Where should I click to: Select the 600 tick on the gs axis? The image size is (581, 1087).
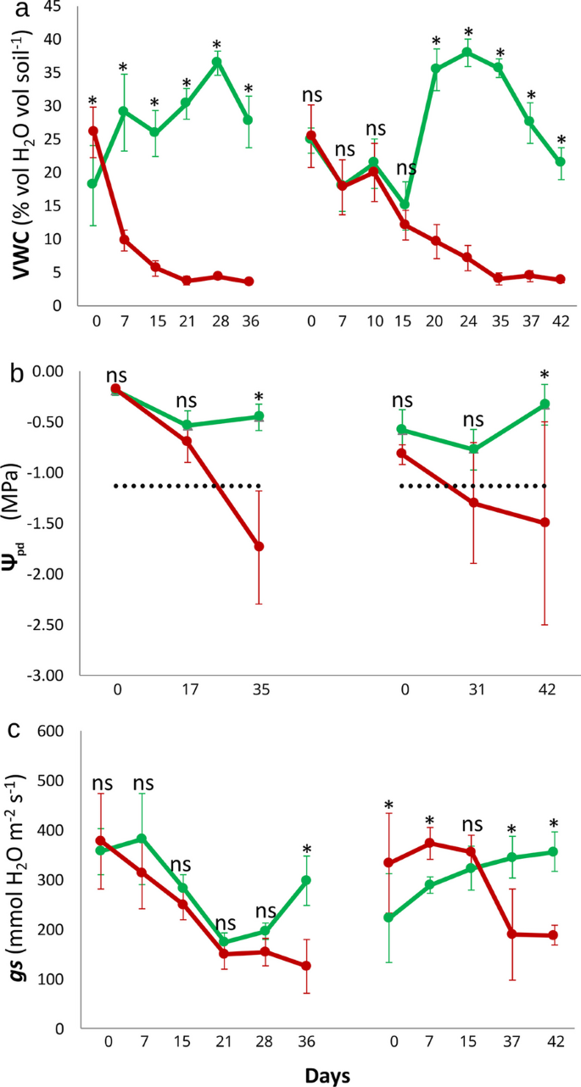(x=51, y=730)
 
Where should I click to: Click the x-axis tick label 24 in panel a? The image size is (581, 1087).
(x=466, y=323)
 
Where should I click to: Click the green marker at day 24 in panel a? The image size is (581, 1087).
(x=466, y=52)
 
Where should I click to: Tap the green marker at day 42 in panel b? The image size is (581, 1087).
(x=545, y=404)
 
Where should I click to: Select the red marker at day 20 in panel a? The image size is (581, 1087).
(x=436, y=241)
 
